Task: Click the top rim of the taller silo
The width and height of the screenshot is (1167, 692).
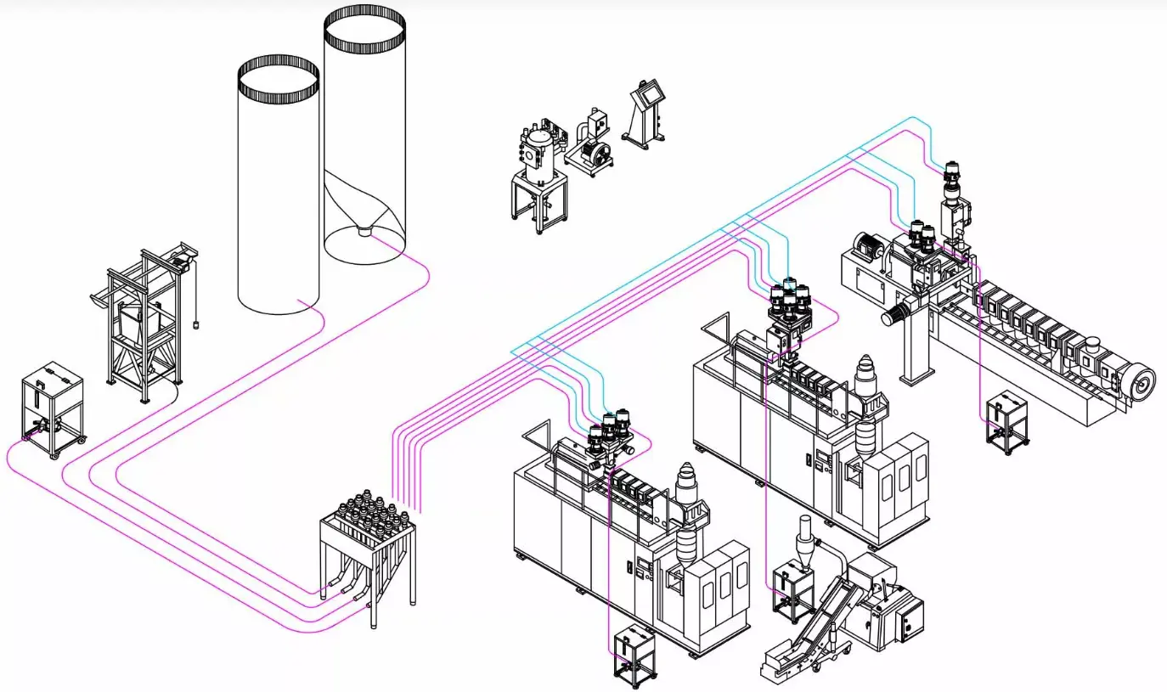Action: [x=364, y=17]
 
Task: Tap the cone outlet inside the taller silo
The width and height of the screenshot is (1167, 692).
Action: [x=364, y=229]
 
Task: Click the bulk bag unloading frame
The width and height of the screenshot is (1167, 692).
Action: [x=144, y=323]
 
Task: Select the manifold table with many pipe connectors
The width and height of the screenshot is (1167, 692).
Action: [x=368, y=543]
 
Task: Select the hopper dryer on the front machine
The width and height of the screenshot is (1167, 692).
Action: [x=686, y=518]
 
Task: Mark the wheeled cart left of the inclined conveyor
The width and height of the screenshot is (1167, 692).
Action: [x=792, y=590]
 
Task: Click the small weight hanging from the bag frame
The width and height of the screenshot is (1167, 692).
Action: [x=196, y=323]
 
